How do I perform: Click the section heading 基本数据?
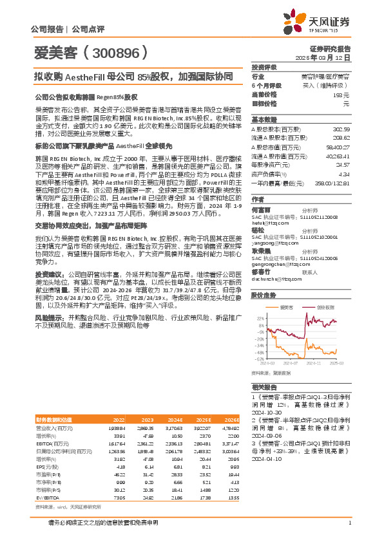click(264, 120)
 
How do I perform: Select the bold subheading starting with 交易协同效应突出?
click(84, 209)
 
